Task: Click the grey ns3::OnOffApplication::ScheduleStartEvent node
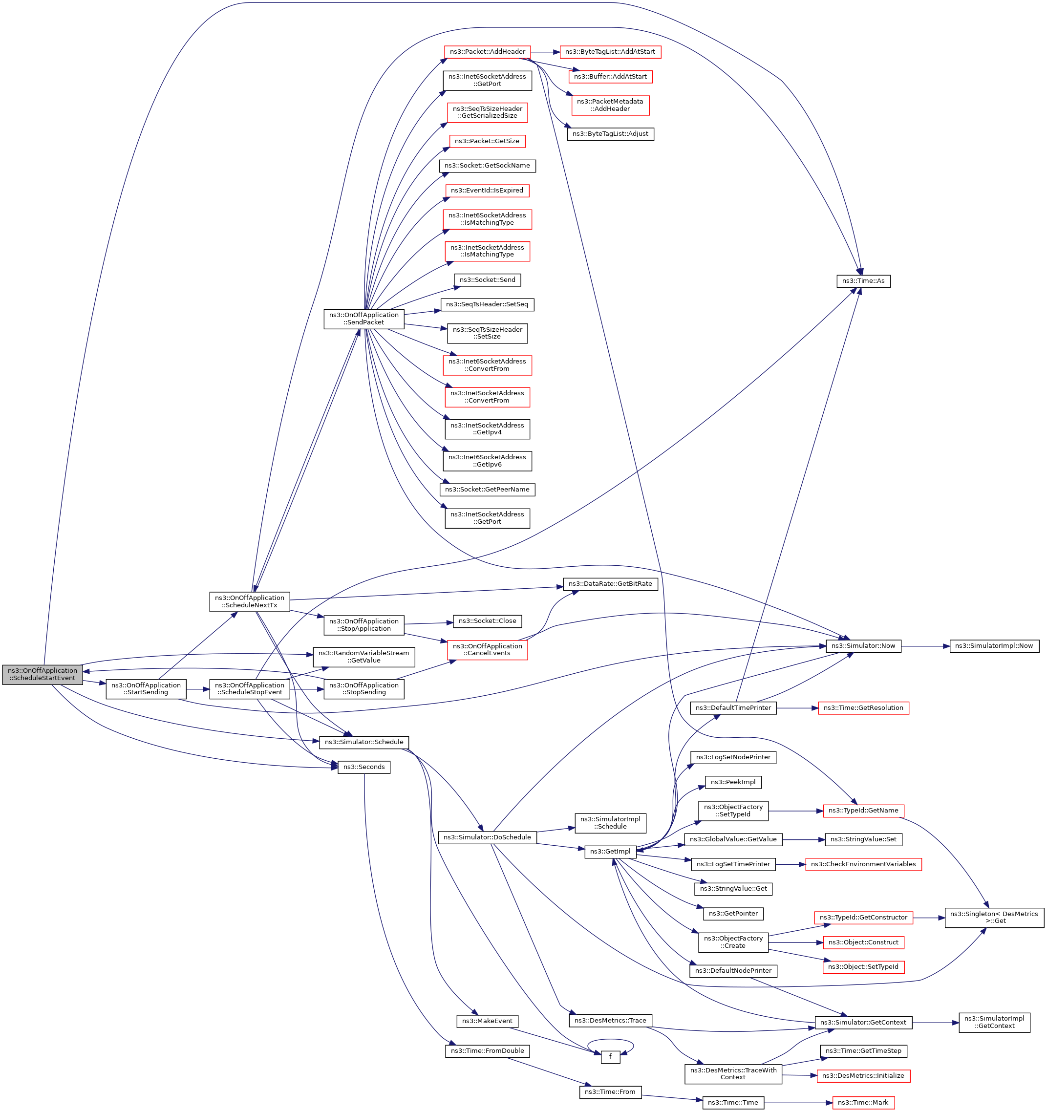coord(43,674)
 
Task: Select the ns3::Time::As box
coord(863,281)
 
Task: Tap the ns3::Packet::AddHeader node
coord(487,52)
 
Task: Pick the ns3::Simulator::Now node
coord(863,646)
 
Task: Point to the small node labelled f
coord(610,1057)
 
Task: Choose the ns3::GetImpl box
coord(610,851)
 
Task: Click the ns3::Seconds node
coord(363,767)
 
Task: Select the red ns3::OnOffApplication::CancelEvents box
coord(487,649)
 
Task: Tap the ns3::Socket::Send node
coord(487,279)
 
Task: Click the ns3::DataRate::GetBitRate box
coord(610,584)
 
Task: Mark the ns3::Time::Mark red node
coord(863,1103)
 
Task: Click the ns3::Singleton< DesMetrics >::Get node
coord(994,918)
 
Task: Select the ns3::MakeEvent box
coord(487,1021)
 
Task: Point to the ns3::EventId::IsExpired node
coord(487,191)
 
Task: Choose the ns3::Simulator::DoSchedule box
coord(487,837)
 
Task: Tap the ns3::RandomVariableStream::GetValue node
coord(363,657)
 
